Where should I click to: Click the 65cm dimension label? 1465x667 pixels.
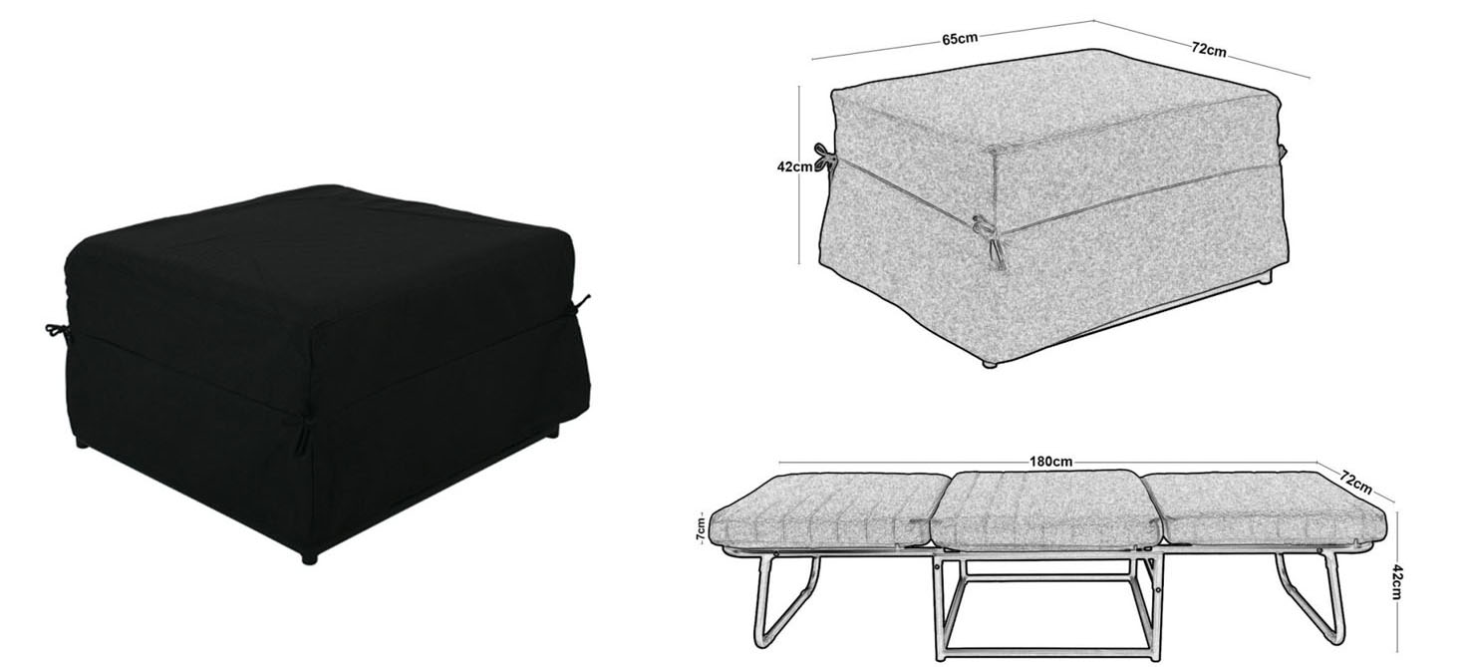click(960, 39)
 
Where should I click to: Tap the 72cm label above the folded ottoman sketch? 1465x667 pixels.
click(1209, 49)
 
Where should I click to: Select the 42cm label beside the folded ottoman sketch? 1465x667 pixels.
click(794, 167)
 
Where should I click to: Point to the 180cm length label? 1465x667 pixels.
click(1051, 462)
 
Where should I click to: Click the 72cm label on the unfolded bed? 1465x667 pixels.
click(1355, 482)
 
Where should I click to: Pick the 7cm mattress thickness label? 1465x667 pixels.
click(701, 528)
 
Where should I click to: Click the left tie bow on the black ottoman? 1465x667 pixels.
click(58, 332)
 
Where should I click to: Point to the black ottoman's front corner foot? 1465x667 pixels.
click(308, 558)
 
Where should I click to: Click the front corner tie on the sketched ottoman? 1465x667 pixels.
click(990, 241)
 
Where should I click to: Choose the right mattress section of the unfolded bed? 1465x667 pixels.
click(1266, 511)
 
